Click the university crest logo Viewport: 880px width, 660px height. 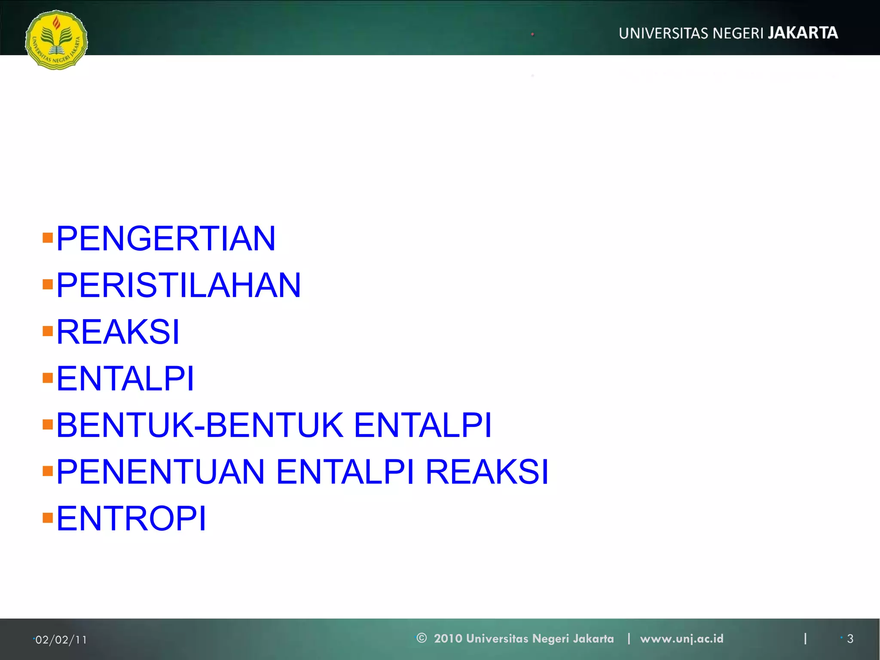(x=56, y=40)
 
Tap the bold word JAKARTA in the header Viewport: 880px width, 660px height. (x=803, y=33)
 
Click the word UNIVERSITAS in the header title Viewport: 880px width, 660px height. (x=663, y=34)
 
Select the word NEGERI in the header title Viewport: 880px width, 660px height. (x=738, y=34)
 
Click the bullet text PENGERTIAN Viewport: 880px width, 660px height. (x=166, y=238)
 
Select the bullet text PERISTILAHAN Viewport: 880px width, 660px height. (x=179, y=285)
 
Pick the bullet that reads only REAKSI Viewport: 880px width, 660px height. (x=118, y=332)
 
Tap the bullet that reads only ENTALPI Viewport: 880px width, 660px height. (x=125, y=379)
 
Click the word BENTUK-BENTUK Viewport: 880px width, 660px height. (x=200, y=425)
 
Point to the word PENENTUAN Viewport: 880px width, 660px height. (x=160, y=472)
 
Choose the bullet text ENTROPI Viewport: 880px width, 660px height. (x=131, y=519)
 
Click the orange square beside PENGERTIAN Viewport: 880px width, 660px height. (x=48, y=238)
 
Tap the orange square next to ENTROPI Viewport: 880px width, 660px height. (x=48, y=518)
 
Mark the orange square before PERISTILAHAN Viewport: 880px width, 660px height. (x=48, y=284)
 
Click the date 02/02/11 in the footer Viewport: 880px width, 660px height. (x=61, y=640)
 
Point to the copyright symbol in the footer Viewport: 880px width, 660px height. (x=422, y=638)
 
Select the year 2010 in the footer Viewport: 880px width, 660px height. (x=448, y=639)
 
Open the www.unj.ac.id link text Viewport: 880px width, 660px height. (x=681, y=639)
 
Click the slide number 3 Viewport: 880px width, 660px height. (x=850, y=639)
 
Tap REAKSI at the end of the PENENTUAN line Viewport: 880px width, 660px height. (x=487, y=472)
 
